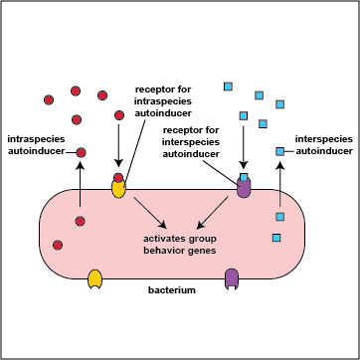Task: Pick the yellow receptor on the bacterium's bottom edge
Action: [x=95, y=279]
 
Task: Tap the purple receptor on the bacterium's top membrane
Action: [x=244, y=186]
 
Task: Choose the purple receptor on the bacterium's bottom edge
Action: [x=233, y=278]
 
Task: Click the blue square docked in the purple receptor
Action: [x=244, y=178]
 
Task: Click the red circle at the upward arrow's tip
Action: [x=81, y=153]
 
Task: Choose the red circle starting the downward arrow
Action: [x=119, y=116]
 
